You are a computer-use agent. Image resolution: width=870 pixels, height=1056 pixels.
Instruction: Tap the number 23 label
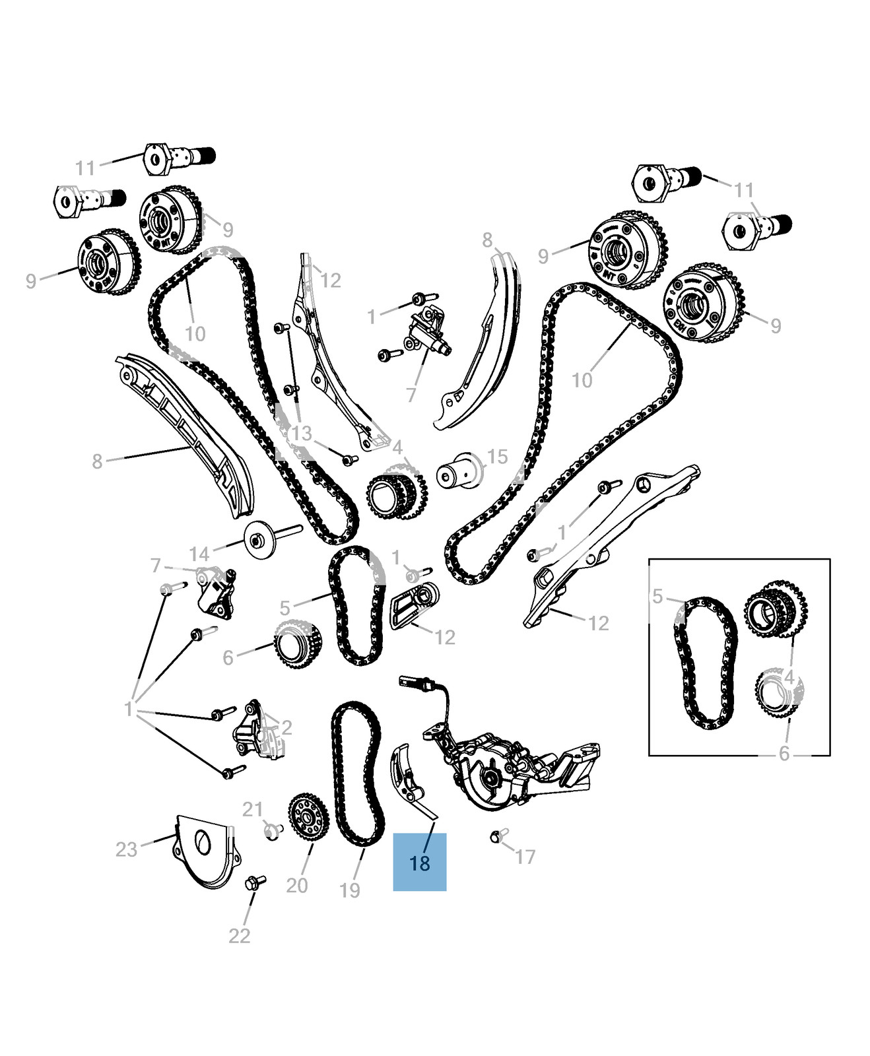click(126, 849)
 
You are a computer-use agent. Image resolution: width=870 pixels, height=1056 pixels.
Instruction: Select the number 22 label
click(240, 935)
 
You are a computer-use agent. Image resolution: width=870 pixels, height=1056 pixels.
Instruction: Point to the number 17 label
click(525, 857)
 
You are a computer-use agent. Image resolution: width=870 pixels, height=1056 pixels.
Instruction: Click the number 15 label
click(497, 456)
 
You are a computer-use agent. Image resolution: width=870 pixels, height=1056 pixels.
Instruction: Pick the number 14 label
click(199, 553)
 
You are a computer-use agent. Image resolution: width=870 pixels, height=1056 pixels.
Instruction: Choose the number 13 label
click(301, 434)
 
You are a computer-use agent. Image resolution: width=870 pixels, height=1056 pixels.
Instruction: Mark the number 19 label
click(350, 890)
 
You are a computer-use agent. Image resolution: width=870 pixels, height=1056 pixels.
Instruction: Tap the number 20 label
click(297, 884)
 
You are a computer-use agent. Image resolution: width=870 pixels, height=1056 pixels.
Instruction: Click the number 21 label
click(253, 808)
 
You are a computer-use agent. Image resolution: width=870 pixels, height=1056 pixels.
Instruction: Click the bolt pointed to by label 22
click(254, 883)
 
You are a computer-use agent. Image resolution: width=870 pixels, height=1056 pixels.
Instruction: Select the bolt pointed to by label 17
click(497, 836)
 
